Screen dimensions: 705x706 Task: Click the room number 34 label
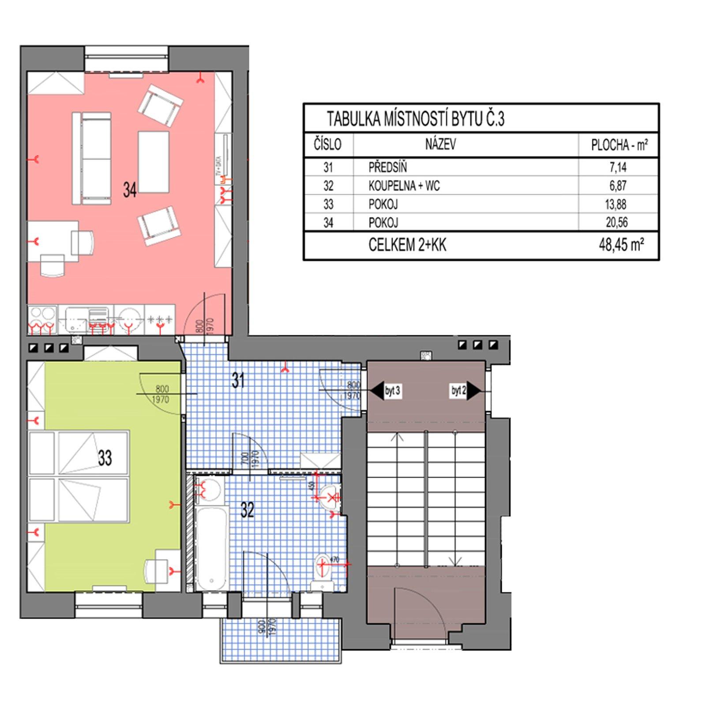coord(130,191)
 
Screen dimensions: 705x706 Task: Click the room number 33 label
coord(105,458)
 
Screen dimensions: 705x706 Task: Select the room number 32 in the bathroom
coord(248,510)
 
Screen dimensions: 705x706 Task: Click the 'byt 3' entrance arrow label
coord(392,391)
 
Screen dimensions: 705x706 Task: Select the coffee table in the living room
coord(153,161)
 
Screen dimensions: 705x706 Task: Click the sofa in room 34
coord(92,158)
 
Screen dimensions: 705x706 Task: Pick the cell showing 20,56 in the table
coord(616,222)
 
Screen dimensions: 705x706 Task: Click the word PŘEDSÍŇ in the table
coord(388,168)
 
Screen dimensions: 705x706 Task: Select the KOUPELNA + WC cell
coord(404,186)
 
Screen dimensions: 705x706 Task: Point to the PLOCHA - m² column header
coord(619,145)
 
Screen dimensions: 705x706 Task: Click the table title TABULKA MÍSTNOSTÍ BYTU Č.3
coord(415,119)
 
